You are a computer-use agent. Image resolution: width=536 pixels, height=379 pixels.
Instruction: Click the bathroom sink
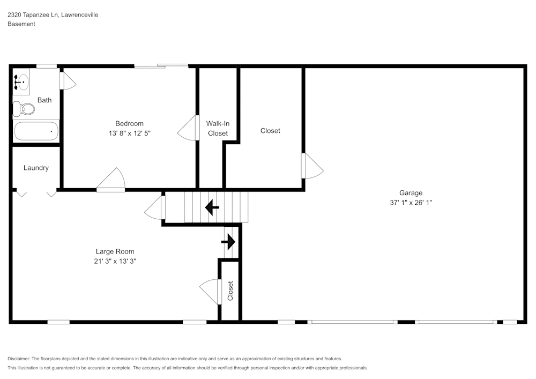coord(21,83)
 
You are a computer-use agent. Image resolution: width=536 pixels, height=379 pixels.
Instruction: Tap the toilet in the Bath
coord(24,109)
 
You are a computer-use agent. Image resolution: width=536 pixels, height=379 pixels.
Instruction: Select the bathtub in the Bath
coord(36,131)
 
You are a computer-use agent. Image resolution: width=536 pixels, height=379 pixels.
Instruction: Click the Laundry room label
coord(36,168)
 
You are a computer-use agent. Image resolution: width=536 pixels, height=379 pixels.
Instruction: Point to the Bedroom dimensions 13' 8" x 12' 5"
coord(129,133)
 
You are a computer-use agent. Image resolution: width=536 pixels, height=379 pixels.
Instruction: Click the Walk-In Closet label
coord(218,129)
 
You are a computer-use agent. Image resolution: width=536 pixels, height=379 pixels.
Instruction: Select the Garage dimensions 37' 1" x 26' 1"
coord(411,203)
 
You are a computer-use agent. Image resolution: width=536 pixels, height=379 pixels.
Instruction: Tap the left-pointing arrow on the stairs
coord(212,207)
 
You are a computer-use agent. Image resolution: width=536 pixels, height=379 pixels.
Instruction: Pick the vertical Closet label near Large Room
coord(230,291)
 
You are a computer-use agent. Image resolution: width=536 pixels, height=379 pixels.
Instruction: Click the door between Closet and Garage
coord(312,166)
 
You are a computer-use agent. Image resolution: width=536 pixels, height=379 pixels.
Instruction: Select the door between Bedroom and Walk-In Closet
coord(188,129)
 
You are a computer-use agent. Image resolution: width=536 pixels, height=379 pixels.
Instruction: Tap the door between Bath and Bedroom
coord(68,81)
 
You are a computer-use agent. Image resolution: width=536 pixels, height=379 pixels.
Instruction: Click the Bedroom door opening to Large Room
coord(111,180)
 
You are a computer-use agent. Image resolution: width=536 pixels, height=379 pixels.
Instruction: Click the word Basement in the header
coord(21,24)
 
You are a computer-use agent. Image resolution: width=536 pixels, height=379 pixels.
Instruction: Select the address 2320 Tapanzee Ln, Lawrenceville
coord(53,15)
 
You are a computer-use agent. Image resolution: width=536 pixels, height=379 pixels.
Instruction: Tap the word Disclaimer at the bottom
coord(19,359)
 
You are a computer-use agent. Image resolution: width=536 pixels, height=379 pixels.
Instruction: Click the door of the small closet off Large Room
coord(210,292)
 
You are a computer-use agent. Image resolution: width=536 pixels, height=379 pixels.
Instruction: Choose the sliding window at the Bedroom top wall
coord(161,66)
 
